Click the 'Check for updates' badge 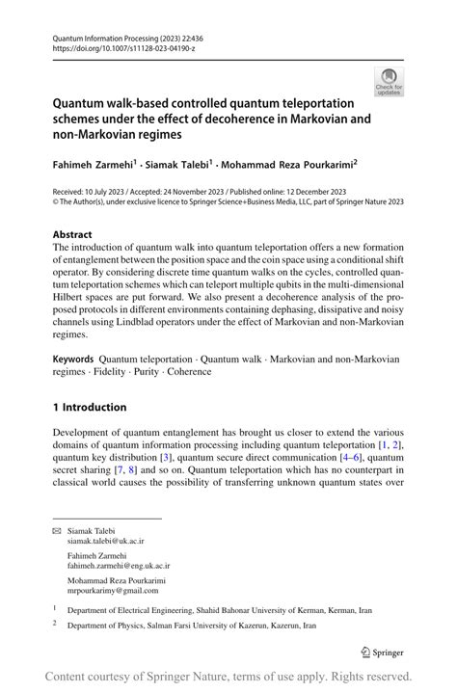[390, 81]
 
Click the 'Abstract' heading [72, 234]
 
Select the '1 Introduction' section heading [89, 407]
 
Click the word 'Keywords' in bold [73, 358]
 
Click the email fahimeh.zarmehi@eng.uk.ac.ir [118, 567]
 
